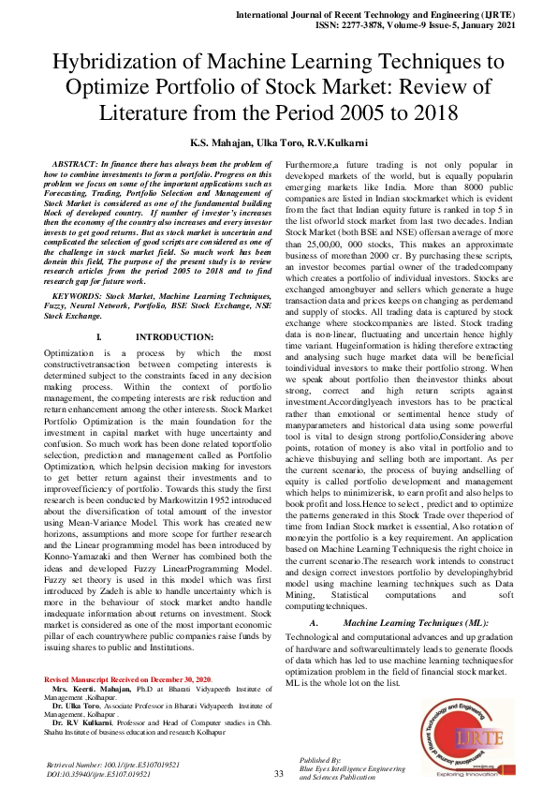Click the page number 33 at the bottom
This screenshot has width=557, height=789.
click(278, 773)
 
